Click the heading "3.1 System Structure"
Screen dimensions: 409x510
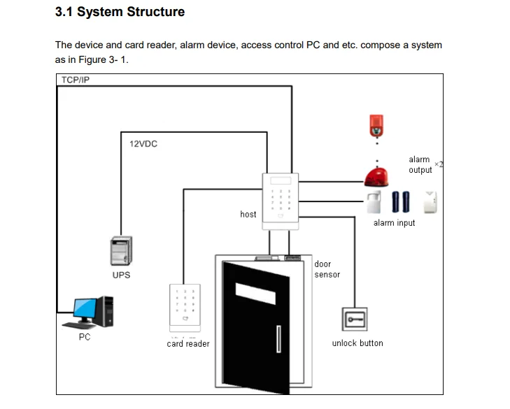[120, 12]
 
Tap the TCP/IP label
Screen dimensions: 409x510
[76, 80]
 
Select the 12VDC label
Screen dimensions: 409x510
[143, 143]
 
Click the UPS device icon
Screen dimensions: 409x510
[121, 251]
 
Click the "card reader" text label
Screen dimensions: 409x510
[188, 343]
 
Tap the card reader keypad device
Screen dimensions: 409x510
[184, 308]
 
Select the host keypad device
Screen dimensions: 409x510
[281, 199]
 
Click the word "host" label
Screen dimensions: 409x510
[248, 215]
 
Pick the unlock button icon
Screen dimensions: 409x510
[353, 320]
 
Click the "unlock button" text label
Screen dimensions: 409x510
[357, 343]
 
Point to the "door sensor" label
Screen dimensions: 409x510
[327, 269]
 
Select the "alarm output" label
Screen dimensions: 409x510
[420, 165]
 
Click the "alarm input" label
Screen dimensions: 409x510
[394, 223]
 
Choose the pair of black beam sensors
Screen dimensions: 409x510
[401, 201]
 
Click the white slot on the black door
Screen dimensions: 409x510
[255, 288]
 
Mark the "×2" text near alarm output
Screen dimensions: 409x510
[439, 164]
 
